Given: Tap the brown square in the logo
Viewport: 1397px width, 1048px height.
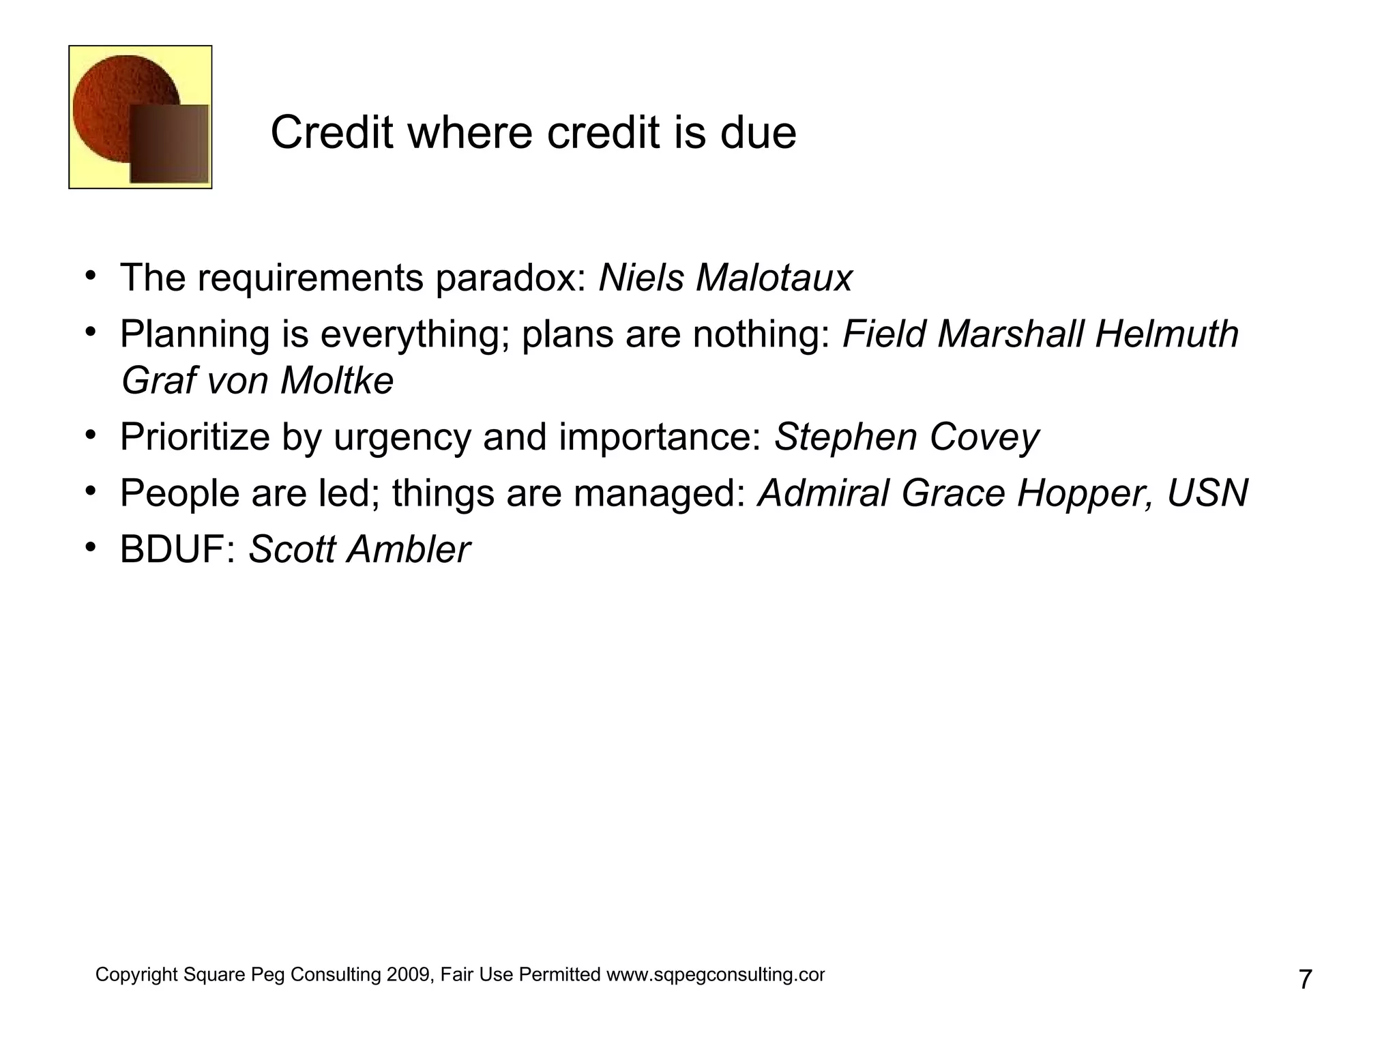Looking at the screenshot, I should point(169,144).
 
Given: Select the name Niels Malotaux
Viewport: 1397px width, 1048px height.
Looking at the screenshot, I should point(725,278).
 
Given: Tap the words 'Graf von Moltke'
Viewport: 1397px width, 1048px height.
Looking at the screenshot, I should point(257,381).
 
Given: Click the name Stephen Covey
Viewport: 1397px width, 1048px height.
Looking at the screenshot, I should point(906,437).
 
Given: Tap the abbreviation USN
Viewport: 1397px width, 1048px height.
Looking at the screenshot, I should point(1207,493).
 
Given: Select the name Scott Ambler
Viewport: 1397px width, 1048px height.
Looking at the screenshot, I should point(359,550).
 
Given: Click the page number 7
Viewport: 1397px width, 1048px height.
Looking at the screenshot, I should point(1304,980).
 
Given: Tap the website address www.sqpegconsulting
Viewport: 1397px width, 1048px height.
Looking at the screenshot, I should point(715,975).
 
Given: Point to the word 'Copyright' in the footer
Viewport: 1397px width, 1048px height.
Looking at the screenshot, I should point(136,975).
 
